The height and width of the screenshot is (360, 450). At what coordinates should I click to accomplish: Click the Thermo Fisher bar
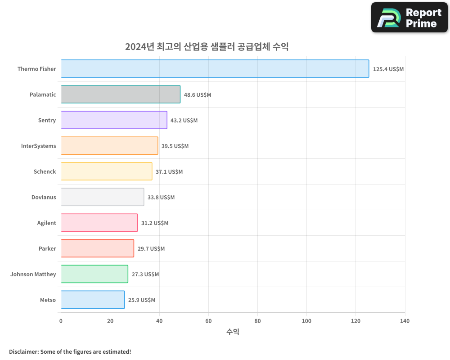click(x=215, y=69)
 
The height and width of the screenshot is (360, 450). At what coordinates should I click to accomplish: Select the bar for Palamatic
click(x=120, y=94)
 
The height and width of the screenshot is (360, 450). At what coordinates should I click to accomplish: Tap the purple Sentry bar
click(x=114, y=120)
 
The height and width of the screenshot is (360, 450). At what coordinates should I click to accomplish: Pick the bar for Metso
click(x=92, y=300)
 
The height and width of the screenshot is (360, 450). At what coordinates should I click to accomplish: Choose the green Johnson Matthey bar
click(x=94, y=274)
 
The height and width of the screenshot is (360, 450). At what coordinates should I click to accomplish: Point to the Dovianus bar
click(x=102, y=197)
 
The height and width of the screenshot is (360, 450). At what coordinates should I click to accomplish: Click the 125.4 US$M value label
click(x=388, y=69)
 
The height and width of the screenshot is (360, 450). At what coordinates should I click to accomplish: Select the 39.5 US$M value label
click(x=175, y=146)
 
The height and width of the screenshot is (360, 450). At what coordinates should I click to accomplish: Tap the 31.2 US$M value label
click(x=155, y=223)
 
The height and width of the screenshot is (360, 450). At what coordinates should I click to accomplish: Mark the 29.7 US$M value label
click(x=151, y=249)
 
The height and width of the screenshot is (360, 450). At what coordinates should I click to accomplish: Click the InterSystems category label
click(x=39, y=146)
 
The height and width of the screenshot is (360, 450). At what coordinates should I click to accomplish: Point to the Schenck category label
click(x=45, y=171)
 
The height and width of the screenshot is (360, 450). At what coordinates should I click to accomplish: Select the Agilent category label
click(x=46, y=223)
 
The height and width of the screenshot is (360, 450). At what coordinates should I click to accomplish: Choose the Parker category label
click(x=47, y=248)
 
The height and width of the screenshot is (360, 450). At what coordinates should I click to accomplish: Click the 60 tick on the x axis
click(x=208, y=321)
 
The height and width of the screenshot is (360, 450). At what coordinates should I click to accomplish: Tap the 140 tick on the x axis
click(x=405, y=321)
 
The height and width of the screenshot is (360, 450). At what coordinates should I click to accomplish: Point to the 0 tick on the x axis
click(x=61, y=321)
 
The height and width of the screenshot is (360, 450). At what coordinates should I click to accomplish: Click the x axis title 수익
click(x=233, y=332)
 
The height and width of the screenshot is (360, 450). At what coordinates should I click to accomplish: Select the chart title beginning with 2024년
click(x=207, y=46)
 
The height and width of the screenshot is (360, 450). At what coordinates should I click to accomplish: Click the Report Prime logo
click(x=409, y=18)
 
